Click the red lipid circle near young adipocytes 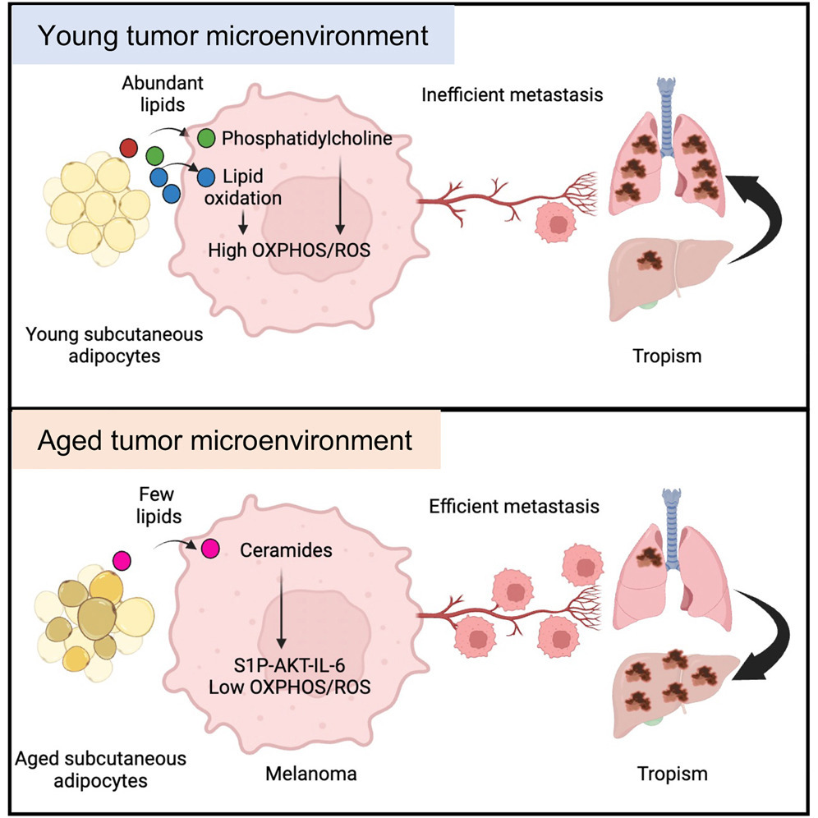click(129, 148)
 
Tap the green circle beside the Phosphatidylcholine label click(207, 138)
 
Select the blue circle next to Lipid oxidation click(207, 177)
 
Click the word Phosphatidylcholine click(307, 139)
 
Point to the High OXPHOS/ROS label click(289, 250)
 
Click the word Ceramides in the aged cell click(286, 550)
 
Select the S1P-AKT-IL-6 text click(289, 665)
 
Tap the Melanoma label click(311, 773)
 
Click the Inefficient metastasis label click(512, 95)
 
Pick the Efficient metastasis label click(514, 506)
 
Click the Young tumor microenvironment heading click(233, 35)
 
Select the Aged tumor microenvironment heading click(225, 441)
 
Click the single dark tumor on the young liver click(650, 260)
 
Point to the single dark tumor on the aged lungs click(649, 558)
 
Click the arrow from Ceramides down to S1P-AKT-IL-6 click(281, 609)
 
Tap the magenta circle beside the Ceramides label click(210, 549)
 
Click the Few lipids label click(159, 505)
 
